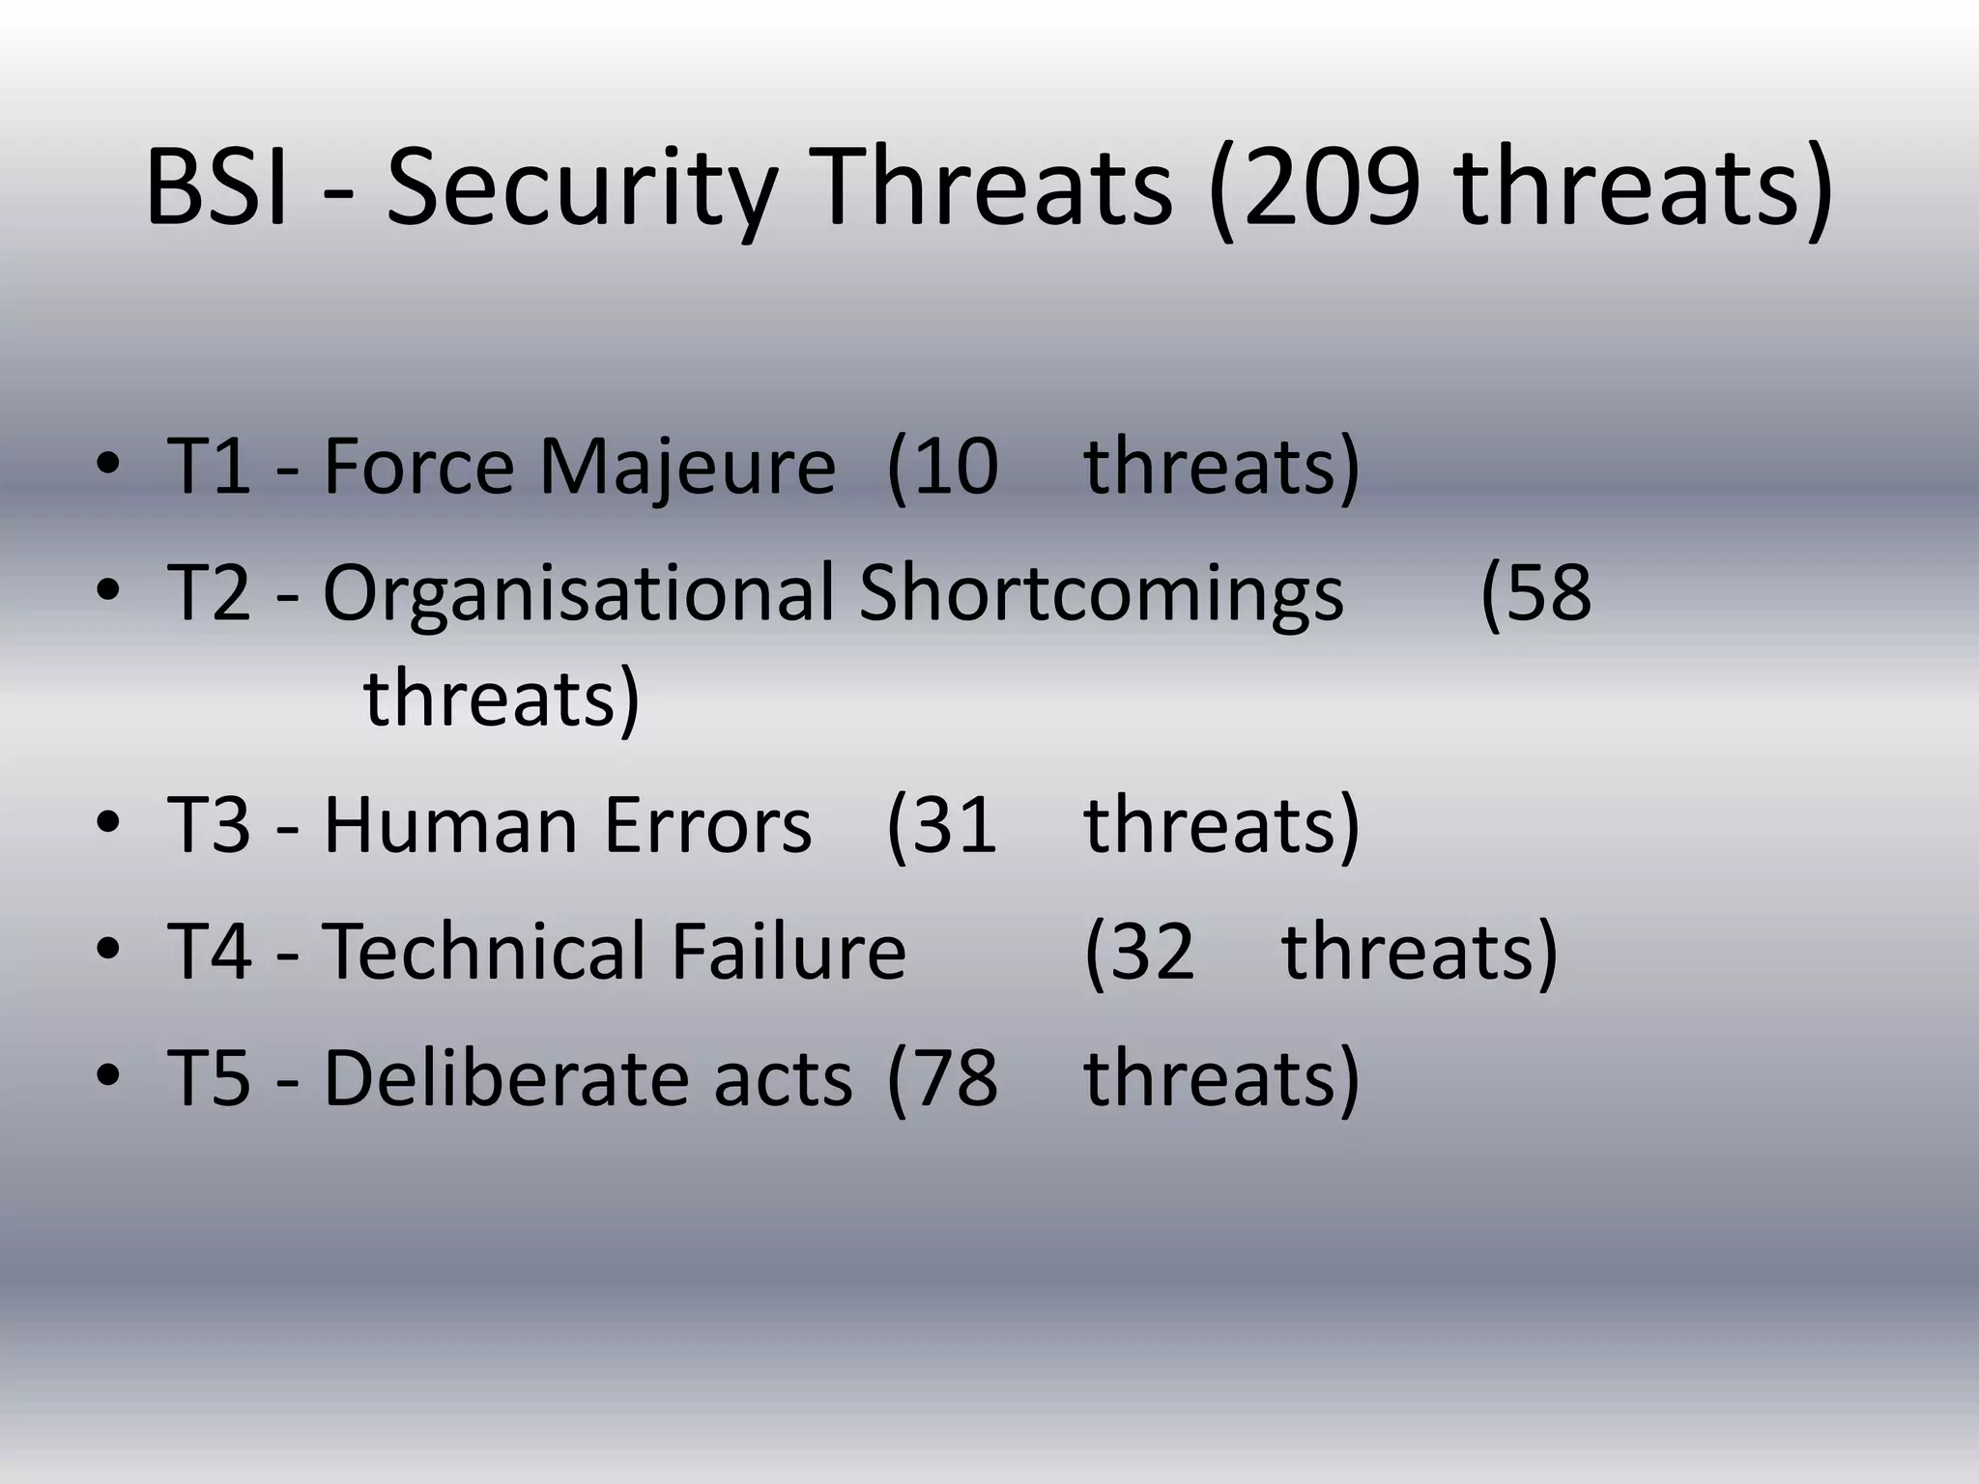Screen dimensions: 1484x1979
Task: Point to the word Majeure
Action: [x=686, y=467]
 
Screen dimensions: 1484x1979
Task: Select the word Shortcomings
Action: [x=1101, y=593]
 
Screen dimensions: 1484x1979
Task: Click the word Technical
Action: [x=483, y=952]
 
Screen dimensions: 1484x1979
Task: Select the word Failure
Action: [x=789, y=952]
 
